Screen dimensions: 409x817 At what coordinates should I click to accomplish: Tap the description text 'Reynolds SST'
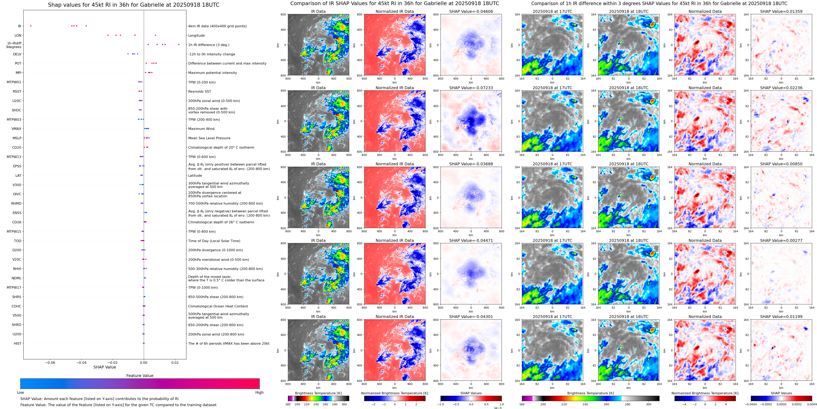(x=199, y=91)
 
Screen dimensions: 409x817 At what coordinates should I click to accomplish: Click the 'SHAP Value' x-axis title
(x=104, y=367)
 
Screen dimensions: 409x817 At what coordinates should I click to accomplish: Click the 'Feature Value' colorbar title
(x=140, y=376)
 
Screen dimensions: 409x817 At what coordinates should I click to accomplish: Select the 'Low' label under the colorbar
(x=20, y=393)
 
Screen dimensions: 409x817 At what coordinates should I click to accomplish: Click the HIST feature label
(x=17, y=343)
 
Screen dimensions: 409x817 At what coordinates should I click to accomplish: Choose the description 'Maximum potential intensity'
(x=212, y=73)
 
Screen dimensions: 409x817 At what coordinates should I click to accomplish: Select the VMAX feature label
(x=16, y=129)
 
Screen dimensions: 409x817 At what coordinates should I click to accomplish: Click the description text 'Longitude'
(x=196, y=36)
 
